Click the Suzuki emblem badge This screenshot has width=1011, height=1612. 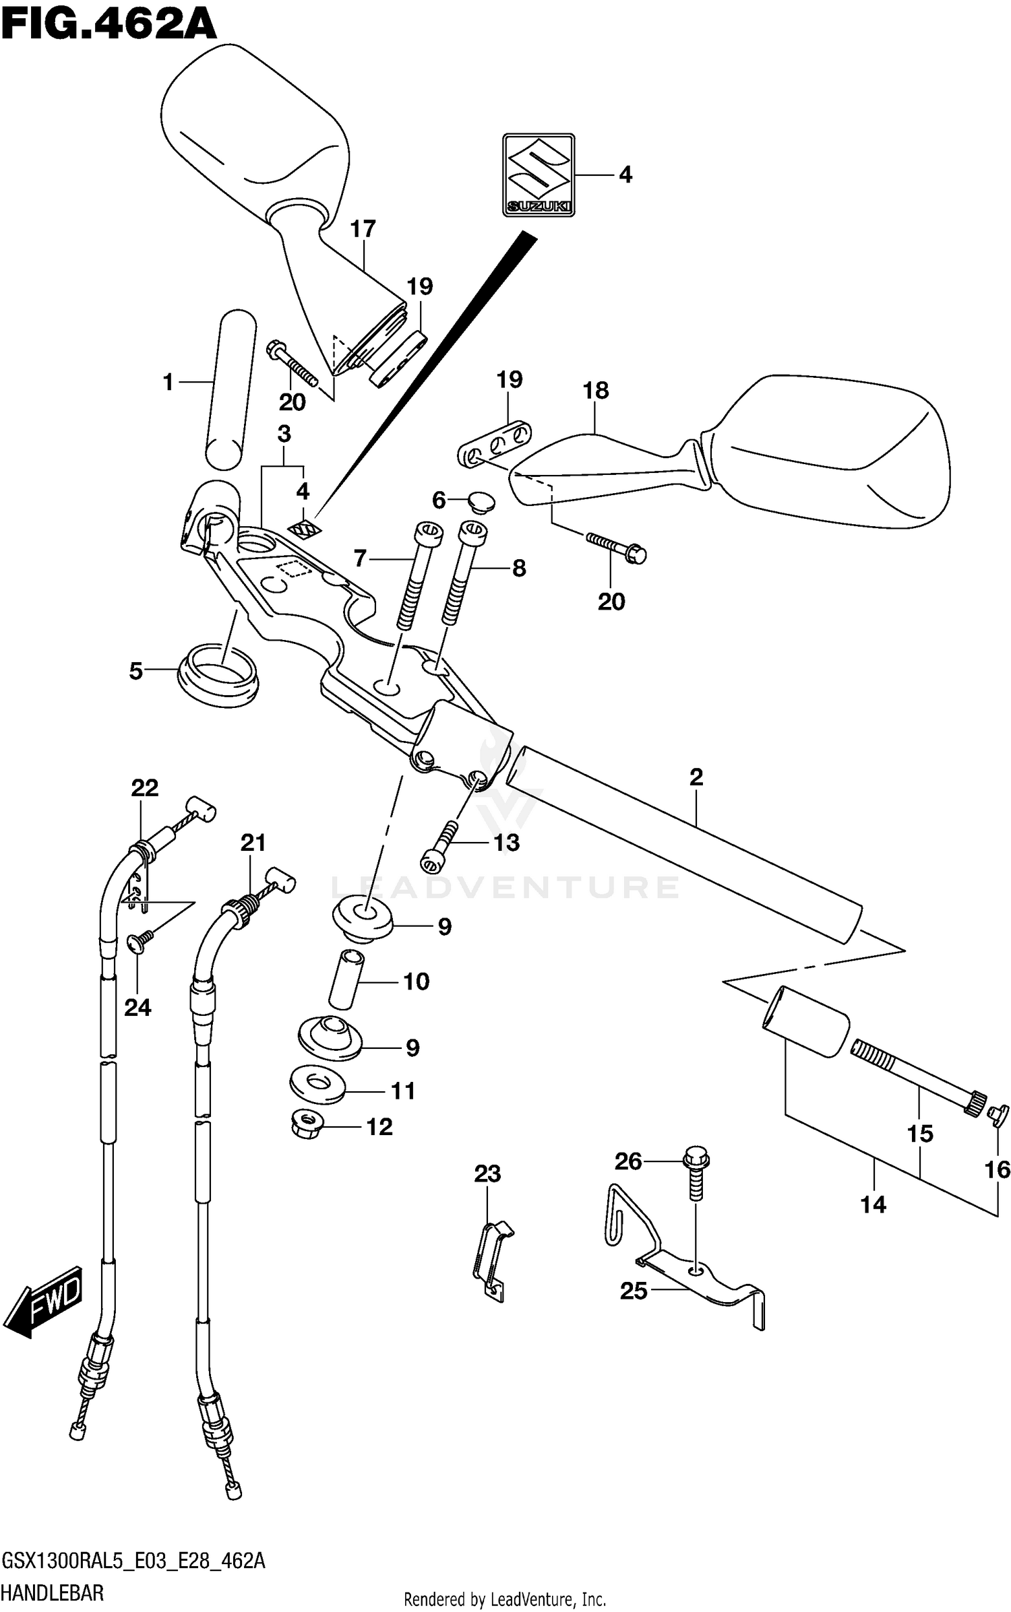(x=539, y=175)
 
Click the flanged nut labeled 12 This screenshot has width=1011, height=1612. (x=307, y=1126)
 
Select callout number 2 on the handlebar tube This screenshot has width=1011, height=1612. (x=696, y=777)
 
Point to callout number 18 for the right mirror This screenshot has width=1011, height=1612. (x=596, y=390)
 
